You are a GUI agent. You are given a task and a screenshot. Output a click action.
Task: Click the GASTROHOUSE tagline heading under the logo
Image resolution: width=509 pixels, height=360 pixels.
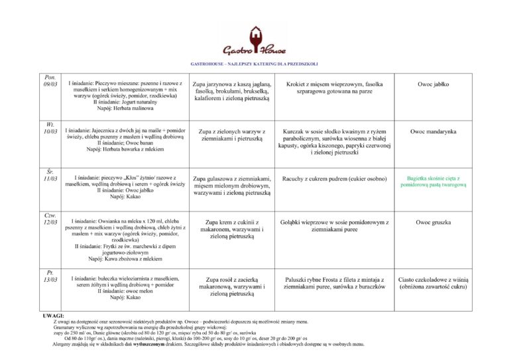click(254, 64)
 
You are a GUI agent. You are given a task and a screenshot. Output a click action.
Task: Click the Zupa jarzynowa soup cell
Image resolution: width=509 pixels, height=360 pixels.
click(231, 91)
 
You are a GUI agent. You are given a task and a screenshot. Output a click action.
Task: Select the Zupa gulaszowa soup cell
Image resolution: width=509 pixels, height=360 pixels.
click(231, 186)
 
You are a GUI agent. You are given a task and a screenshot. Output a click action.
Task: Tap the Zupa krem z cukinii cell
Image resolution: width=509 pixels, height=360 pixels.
click(231, 229)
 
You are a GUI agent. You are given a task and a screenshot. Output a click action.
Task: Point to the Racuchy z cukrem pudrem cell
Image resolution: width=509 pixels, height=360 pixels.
click(334, 179)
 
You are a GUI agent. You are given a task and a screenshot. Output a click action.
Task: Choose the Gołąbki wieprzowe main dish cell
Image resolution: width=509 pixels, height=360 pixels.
click(334, 225)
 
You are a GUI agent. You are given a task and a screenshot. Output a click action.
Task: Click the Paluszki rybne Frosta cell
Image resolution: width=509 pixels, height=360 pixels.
click(334, 284)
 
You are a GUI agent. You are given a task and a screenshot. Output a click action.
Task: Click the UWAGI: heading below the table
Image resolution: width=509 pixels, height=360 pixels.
click(53, 316)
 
